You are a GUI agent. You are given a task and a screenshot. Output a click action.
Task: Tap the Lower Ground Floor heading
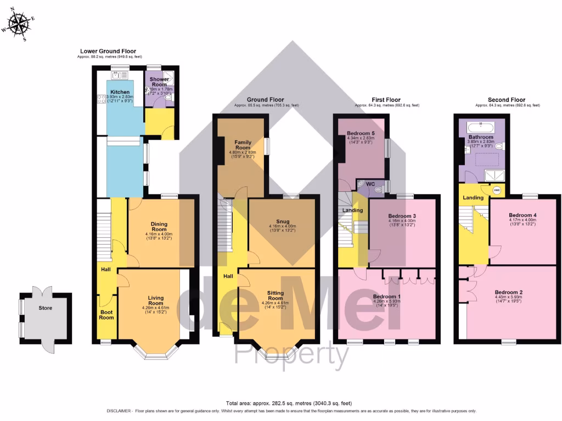pos(108,51)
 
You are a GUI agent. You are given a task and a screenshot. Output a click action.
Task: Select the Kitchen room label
pos(120,92)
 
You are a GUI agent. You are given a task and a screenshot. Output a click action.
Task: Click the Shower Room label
pos(159,82)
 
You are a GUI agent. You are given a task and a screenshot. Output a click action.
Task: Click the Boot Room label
pos(106,315)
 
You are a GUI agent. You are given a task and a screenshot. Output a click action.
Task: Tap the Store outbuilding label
pos(46,308)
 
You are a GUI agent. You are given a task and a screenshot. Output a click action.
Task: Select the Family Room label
pos(243,145)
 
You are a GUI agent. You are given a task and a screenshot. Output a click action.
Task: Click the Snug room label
pos(282,222)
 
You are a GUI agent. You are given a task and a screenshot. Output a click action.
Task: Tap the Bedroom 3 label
pos(403,216)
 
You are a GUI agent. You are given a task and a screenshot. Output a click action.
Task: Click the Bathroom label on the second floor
pos(481,136)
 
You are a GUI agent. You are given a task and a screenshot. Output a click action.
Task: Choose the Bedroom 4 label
pos(522,215)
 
